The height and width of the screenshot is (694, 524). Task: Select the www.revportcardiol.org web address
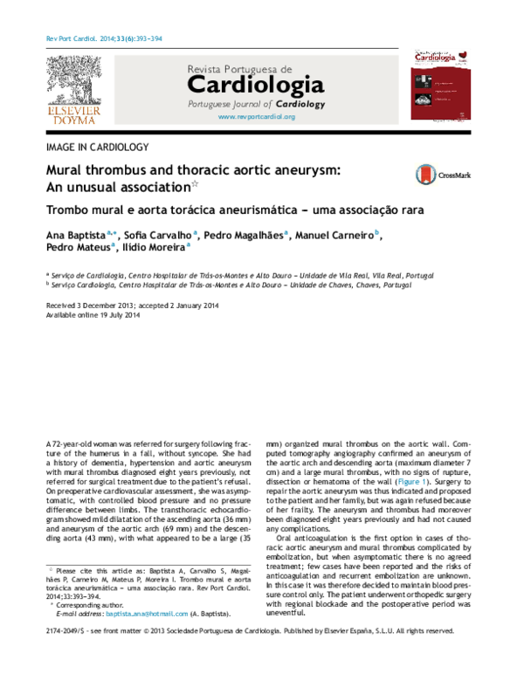click(256, 116)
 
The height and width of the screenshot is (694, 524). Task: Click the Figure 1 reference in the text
click(413, 482)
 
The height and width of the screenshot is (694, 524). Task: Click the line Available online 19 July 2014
click(93, 315)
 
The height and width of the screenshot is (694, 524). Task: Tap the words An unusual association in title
click(117, 187)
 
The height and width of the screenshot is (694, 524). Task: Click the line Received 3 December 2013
click(92, 306)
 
